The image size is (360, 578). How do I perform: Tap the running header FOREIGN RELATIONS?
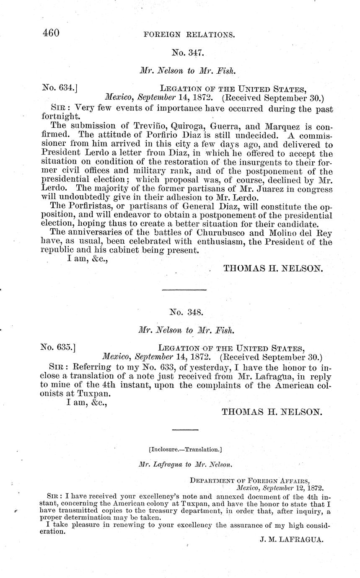tap(189, 35)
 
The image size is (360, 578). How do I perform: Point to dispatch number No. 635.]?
tap(58, 347)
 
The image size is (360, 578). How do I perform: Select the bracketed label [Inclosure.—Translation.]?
tap(185, 450)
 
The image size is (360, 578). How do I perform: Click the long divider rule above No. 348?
tap(184, 290)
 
